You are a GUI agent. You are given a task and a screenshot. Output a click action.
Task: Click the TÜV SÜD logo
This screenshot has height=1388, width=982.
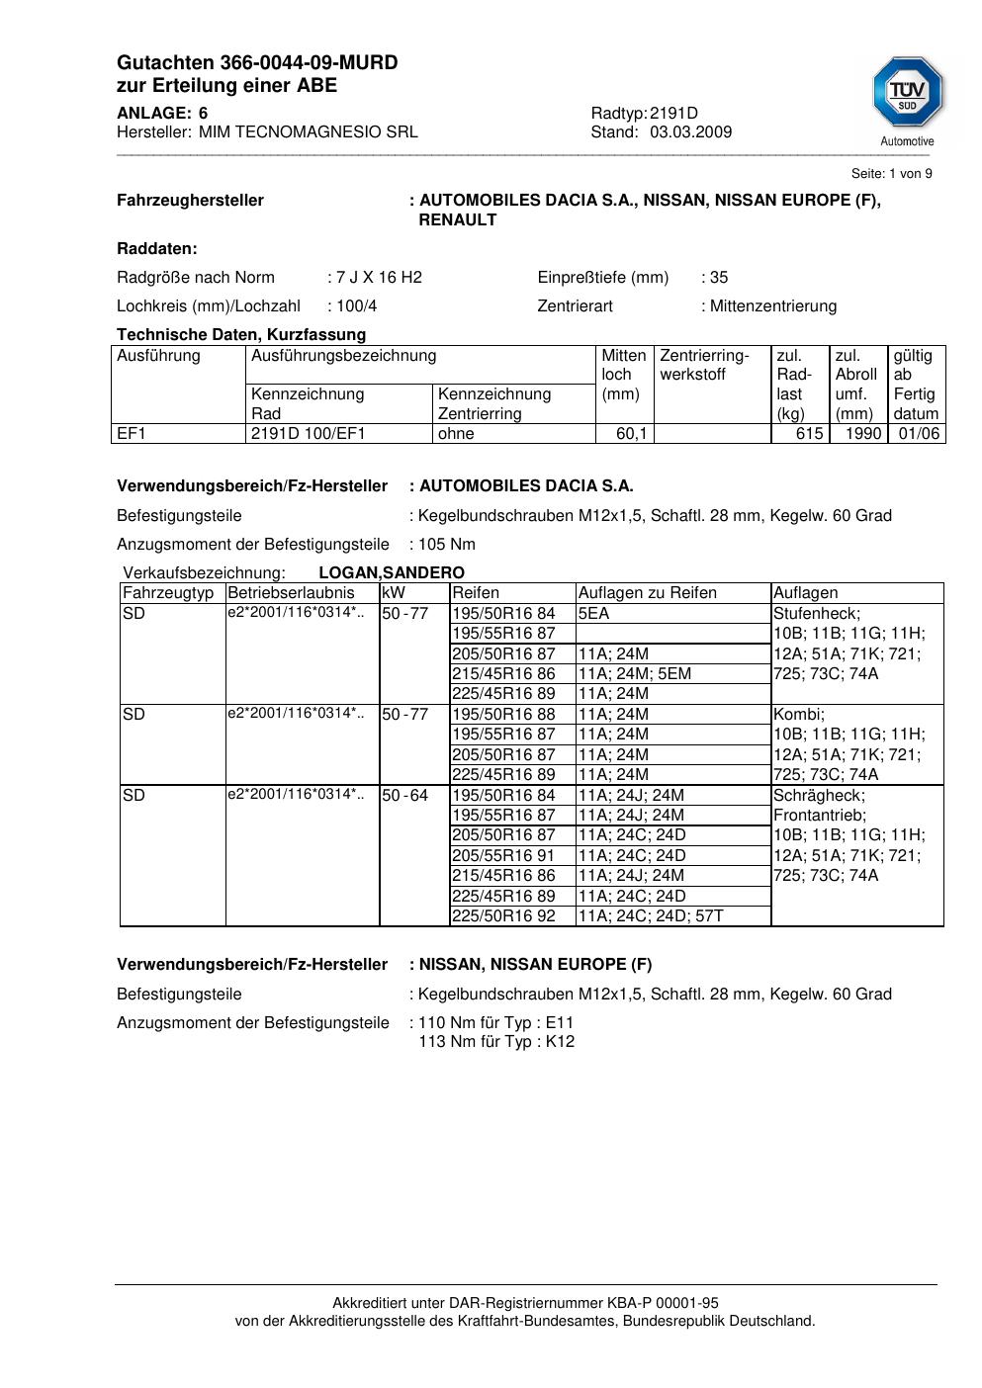(907, 93)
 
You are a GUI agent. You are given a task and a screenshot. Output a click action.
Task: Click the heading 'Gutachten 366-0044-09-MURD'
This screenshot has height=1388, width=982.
(257, 63)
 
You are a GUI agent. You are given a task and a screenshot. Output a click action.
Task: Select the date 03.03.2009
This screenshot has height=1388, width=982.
(690, 131)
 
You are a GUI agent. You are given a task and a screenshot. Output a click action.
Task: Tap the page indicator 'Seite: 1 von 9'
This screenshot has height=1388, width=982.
(891, 174)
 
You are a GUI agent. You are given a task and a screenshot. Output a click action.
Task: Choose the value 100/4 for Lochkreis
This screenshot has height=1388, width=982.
(357, 305)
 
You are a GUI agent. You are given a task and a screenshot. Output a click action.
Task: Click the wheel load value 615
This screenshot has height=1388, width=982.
(809, 433)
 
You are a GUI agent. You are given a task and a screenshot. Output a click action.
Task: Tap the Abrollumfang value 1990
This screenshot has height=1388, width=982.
(863, 433)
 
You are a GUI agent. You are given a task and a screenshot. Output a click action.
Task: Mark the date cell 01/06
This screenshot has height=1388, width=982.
(919, 433)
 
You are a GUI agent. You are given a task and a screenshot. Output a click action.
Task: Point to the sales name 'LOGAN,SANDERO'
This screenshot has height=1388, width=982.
(392, 572)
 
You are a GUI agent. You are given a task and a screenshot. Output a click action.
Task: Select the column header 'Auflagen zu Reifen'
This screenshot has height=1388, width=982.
(647, 593)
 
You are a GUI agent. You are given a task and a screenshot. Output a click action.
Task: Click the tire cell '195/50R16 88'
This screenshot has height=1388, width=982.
(503, 714)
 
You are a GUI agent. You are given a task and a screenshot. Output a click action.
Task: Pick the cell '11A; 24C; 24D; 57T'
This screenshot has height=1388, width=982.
(651, 915)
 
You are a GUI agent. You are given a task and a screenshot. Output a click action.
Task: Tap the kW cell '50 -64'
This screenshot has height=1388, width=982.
(404, 795)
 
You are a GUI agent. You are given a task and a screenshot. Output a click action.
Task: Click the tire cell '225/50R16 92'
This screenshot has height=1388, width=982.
(503, 915)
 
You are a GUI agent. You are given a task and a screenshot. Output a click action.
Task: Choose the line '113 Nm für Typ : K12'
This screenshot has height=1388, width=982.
(496, 1041)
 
